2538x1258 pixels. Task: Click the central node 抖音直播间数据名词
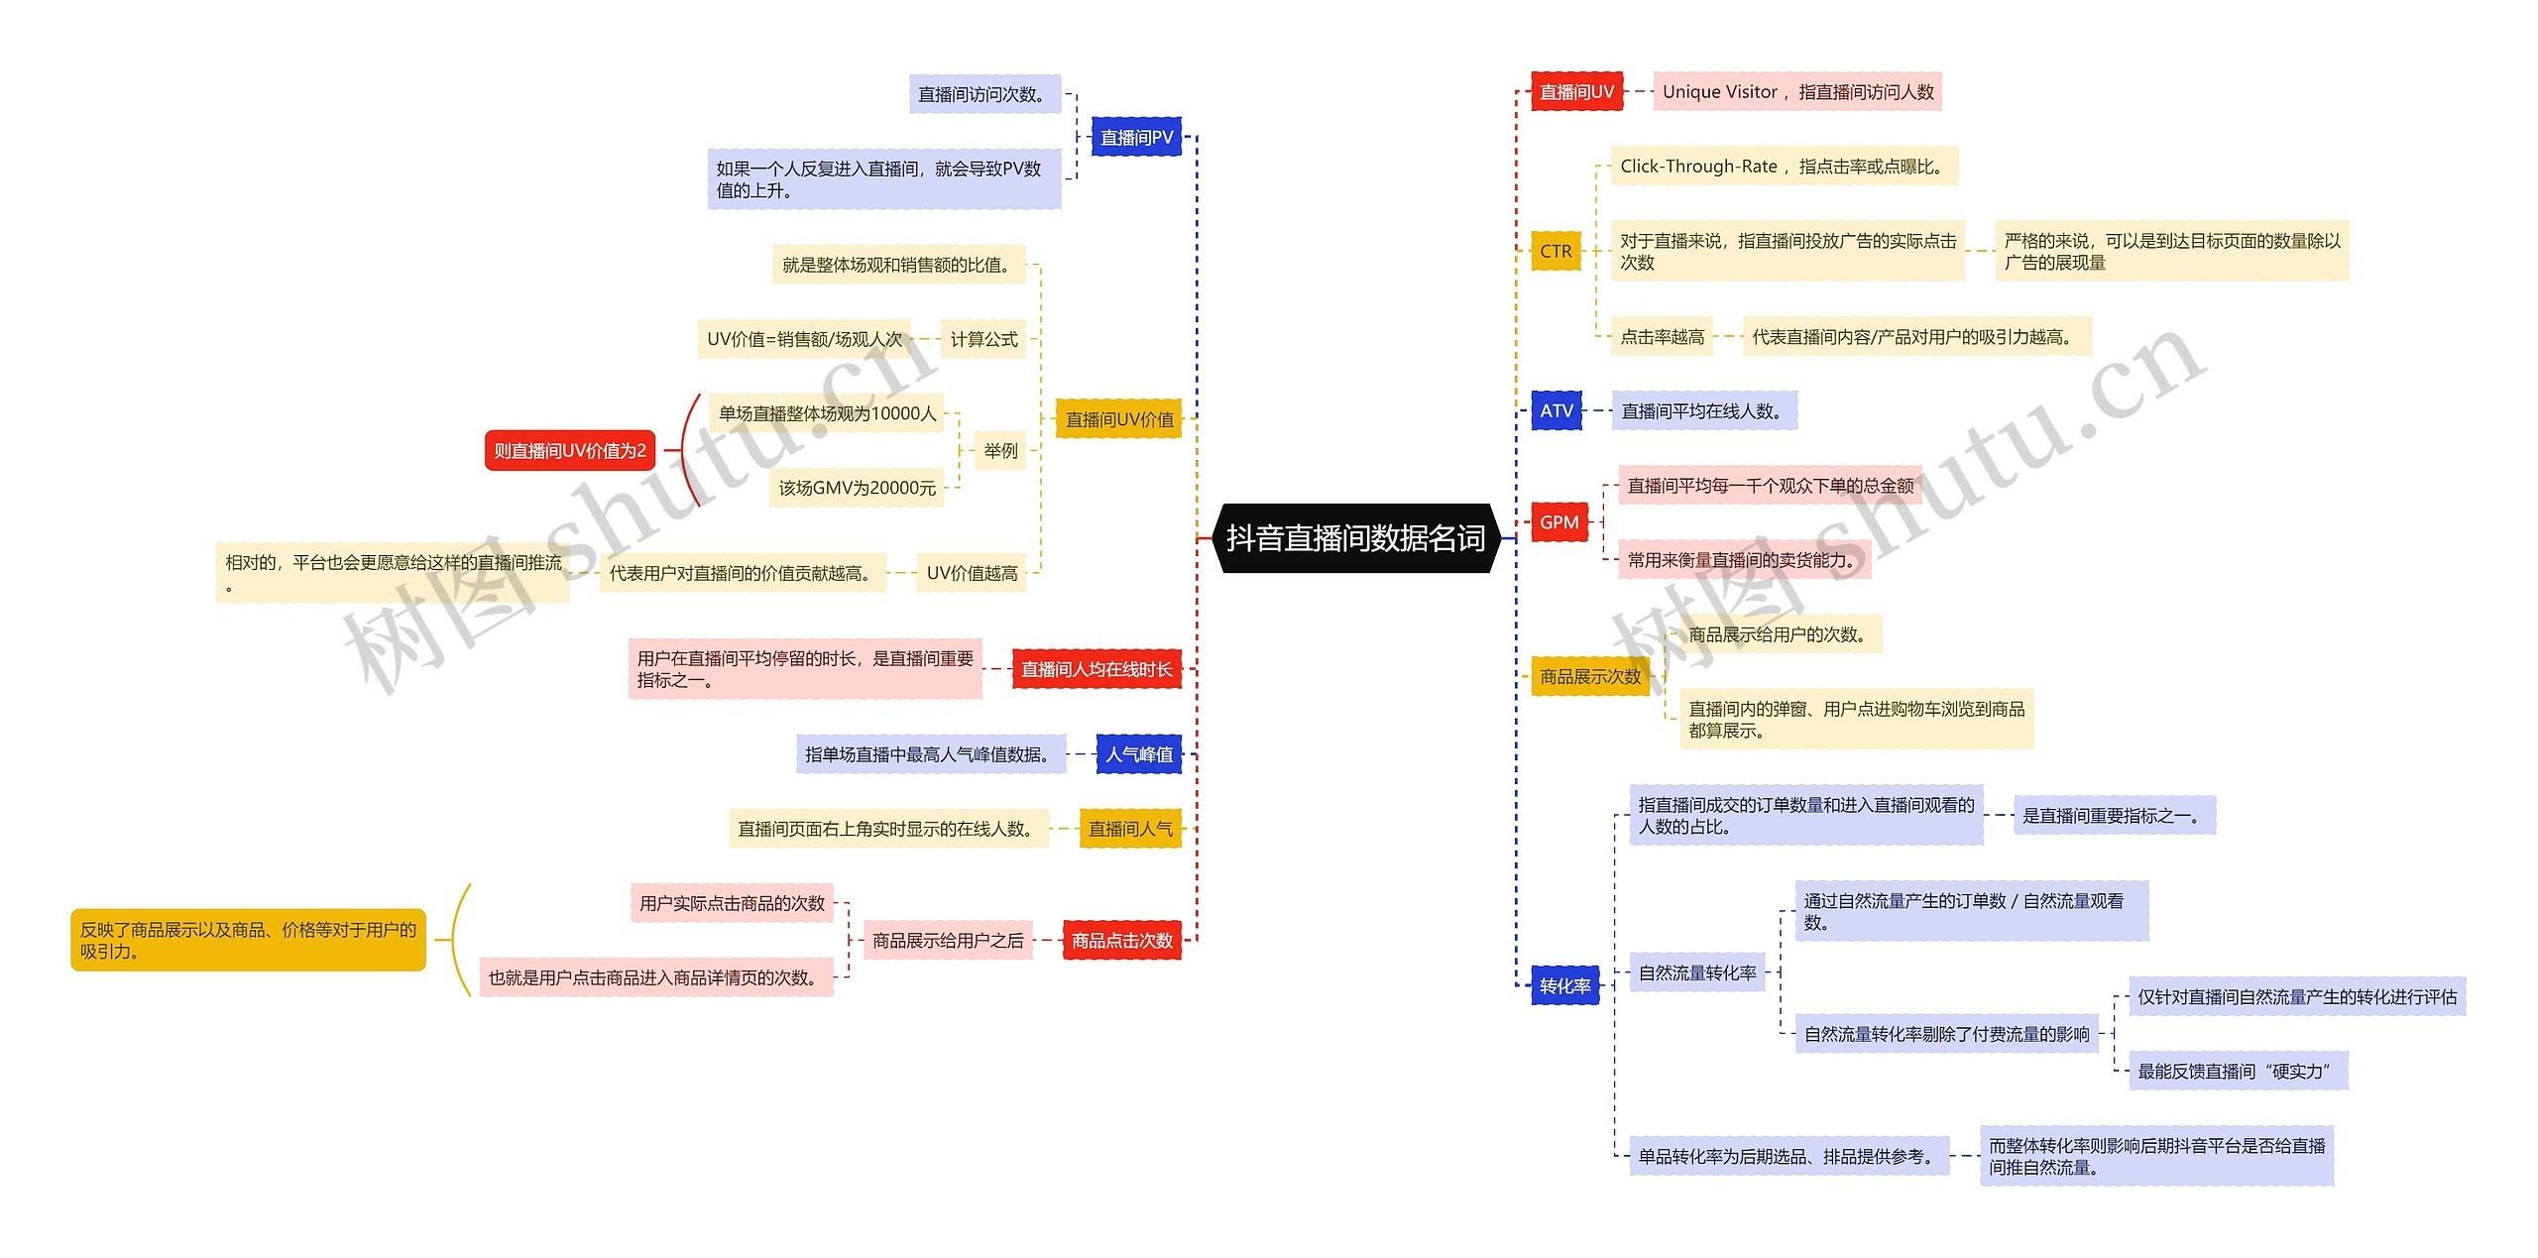pos(1355,538)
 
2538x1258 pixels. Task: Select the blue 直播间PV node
pos(1136,137)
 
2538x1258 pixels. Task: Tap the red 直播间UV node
pos(1576,91)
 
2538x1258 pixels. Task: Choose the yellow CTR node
pos(1556,251)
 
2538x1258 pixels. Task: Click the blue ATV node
pos(1557,410)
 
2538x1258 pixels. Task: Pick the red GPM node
pos(1558,522)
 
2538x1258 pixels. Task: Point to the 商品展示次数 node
pos(1590,676)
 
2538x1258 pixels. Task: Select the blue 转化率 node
pos(1564,985)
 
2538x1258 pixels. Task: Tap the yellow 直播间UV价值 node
pos(1119,419)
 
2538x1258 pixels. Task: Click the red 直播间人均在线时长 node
pos(1096,669)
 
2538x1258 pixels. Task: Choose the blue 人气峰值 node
pos(1139,754)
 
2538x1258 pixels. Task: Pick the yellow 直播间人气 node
pos(1130,829)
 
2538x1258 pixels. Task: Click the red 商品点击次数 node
pos(1122,940)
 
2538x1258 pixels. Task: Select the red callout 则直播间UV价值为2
pos(570,451)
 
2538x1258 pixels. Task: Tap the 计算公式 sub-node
pos(983,339)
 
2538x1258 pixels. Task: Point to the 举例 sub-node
pos(1000,450)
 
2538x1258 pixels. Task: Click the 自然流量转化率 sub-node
pos(1697,972)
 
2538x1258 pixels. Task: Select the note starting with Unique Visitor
pos(1797,91)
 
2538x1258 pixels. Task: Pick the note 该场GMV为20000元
pos(857,488)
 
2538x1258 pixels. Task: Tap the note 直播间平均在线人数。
pos(1704,410)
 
